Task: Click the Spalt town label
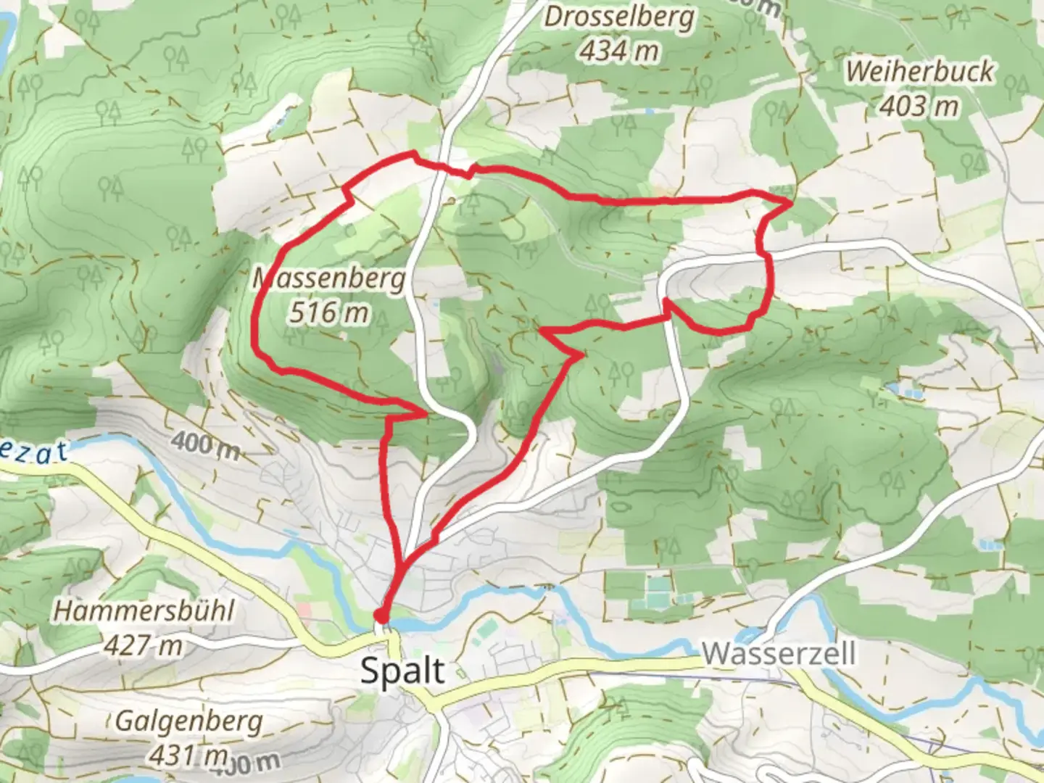coord(402,671)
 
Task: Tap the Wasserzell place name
coord(779,653)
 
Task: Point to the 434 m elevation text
coord(620,51)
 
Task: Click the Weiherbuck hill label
coord(920,72)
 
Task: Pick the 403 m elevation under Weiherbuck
coord(919,106)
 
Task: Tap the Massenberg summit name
coord(330,278)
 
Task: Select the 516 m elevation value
coord(328,312)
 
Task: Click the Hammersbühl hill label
coord(144,611)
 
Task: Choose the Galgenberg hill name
coord(188,721)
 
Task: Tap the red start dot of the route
coord(379,616)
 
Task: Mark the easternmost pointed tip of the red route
coord(790,205)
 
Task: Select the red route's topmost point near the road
coord(414,152)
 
